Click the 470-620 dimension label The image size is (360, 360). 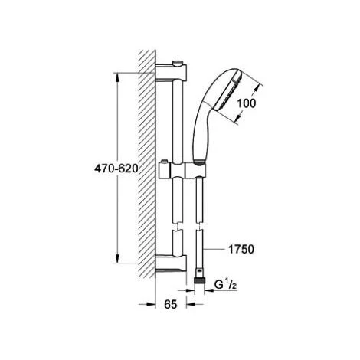[116, 169]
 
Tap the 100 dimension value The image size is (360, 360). [247, 103]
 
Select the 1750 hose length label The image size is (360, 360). [241, 250]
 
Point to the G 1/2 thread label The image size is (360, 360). [225, 285]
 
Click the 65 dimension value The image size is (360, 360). [171, 304]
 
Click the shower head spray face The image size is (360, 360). [229, 92]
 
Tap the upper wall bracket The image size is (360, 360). [171, 73]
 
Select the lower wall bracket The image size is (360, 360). [171, 263]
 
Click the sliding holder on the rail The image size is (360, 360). [182, 171]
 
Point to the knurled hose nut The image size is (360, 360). [199, 280]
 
